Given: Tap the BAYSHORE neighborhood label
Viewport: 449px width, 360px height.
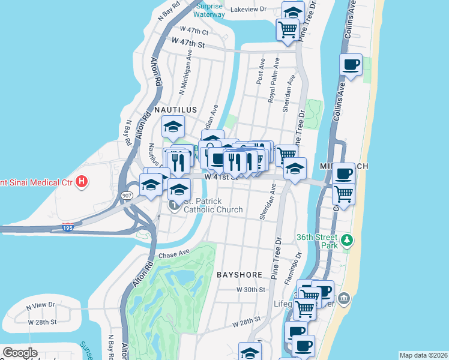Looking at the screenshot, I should point(240,275).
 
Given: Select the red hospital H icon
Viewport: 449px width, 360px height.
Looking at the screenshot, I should point(82,180).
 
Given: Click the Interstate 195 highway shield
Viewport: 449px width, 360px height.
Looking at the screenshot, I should point(68,227).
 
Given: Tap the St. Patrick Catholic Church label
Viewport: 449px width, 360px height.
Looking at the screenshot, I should point(213,206).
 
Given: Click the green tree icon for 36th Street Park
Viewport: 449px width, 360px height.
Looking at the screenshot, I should point(346,241).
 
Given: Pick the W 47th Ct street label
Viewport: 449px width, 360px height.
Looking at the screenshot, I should point(193,30).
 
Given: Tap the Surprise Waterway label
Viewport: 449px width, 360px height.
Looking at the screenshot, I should point(209,10).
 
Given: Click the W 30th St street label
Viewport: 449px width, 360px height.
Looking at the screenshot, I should point(250,289).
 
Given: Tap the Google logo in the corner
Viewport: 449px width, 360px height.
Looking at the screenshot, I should point(20,353).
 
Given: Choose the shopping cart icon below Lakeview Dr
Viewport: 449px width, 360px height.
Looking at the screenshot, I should point(288,29).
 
